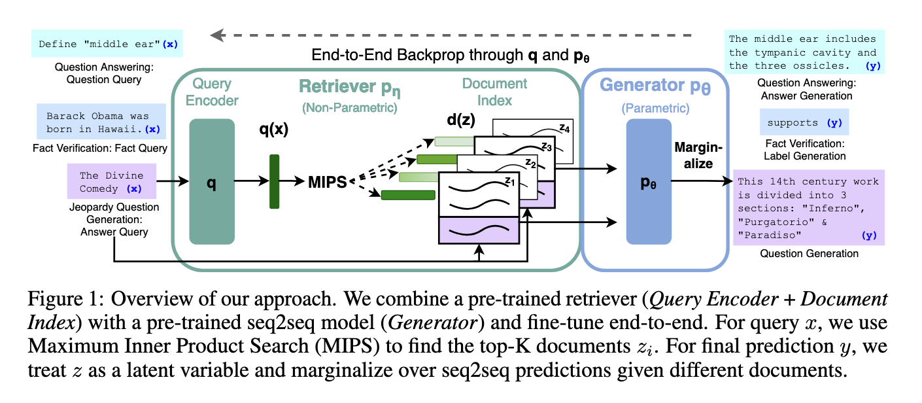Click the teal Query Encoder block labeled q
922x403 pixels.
[211, 181]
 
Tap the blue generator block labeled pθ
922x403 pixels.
[649, 181]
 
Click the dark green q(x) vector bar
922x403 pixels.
[274, 181]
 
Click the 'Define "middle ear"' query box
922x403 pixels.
[107, 44]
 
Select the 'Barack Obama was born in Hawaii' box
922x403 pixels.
[102, 122]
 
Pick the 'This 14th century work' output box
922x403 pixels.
[808, 207]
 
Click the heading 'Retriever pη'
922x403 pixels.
[349, 87]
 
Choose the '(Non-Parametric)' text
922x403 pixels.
[349, 108]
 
